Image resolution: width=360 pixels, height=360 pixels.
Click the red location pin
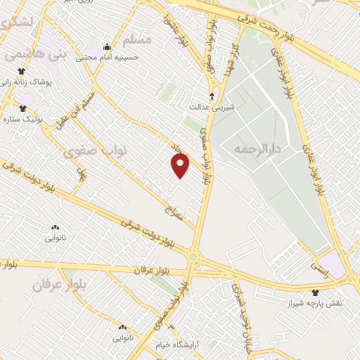click(x=181, y=165)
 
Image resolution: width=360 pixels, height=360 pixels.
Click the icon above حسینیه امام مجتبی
click(x=107, y=47)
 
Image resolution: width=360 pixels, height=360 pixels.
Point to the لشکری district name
click(x=14, y=22)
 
